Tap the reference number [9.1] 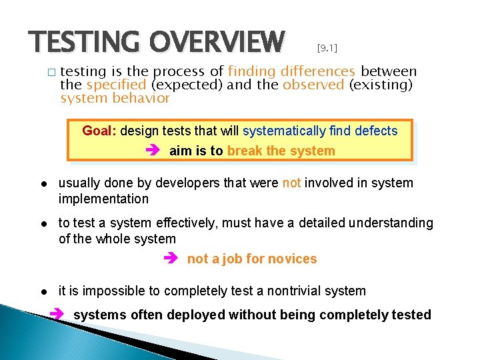327,48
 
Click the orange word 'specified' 116,85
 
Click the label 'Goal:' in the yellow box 99,131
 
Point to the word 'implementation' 103,199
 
